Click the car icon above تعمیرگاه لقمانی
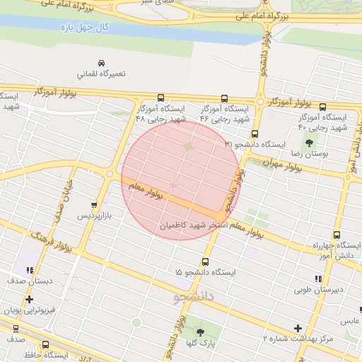pyautogui.click(x=103, y=62)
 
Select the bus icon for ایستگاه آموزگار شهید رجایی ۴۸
pyautogui.click(x=160, y=98)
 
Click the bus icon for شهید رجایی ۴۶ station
pyautogui.click(x=225, y=98)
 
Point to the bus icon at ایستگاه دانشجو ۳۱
pyautogui.click(x=255, y=134)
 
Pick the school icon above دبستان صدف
pyautogui.click(x=29, y=270)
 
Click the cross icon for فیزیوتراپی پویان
pyautogui.click(x=29, y=300)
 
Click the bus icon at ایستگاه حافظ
pyautogui.click(x=46, y=345)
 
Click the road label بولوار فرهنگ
pyautogui.click(x=57, y=242)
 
